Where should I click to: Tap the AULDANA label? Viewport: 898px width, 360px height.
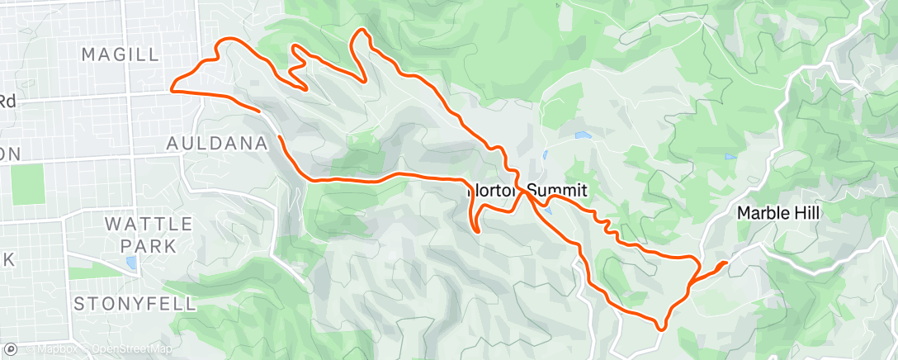(217, 144)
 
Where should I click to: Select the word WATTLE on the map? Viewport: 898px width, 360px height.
(149, 225)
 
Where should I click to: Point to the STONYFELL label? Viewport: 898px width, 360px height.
(135, 304)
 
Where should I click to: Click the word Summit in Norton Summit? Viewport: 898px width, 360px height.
(556, 190)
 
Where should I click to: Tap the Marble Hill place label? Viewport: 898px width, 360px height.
(777, 213)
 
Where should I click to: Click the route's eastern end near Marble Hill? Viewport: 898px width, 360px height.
(725, 263)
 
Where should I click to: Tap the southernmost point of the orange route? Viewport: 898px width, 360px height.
(660, 328)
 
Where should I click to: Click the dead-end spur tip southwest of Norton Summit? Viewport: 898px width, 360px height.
(479, 232)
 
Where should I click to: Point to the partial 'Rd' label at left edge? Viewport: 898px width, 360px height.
(7, 101)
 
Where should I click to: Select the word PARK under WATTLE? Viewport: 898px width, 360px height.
(149, 245)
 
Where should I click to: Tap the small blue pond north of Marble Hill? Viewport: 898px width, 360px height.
(730, 157)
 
